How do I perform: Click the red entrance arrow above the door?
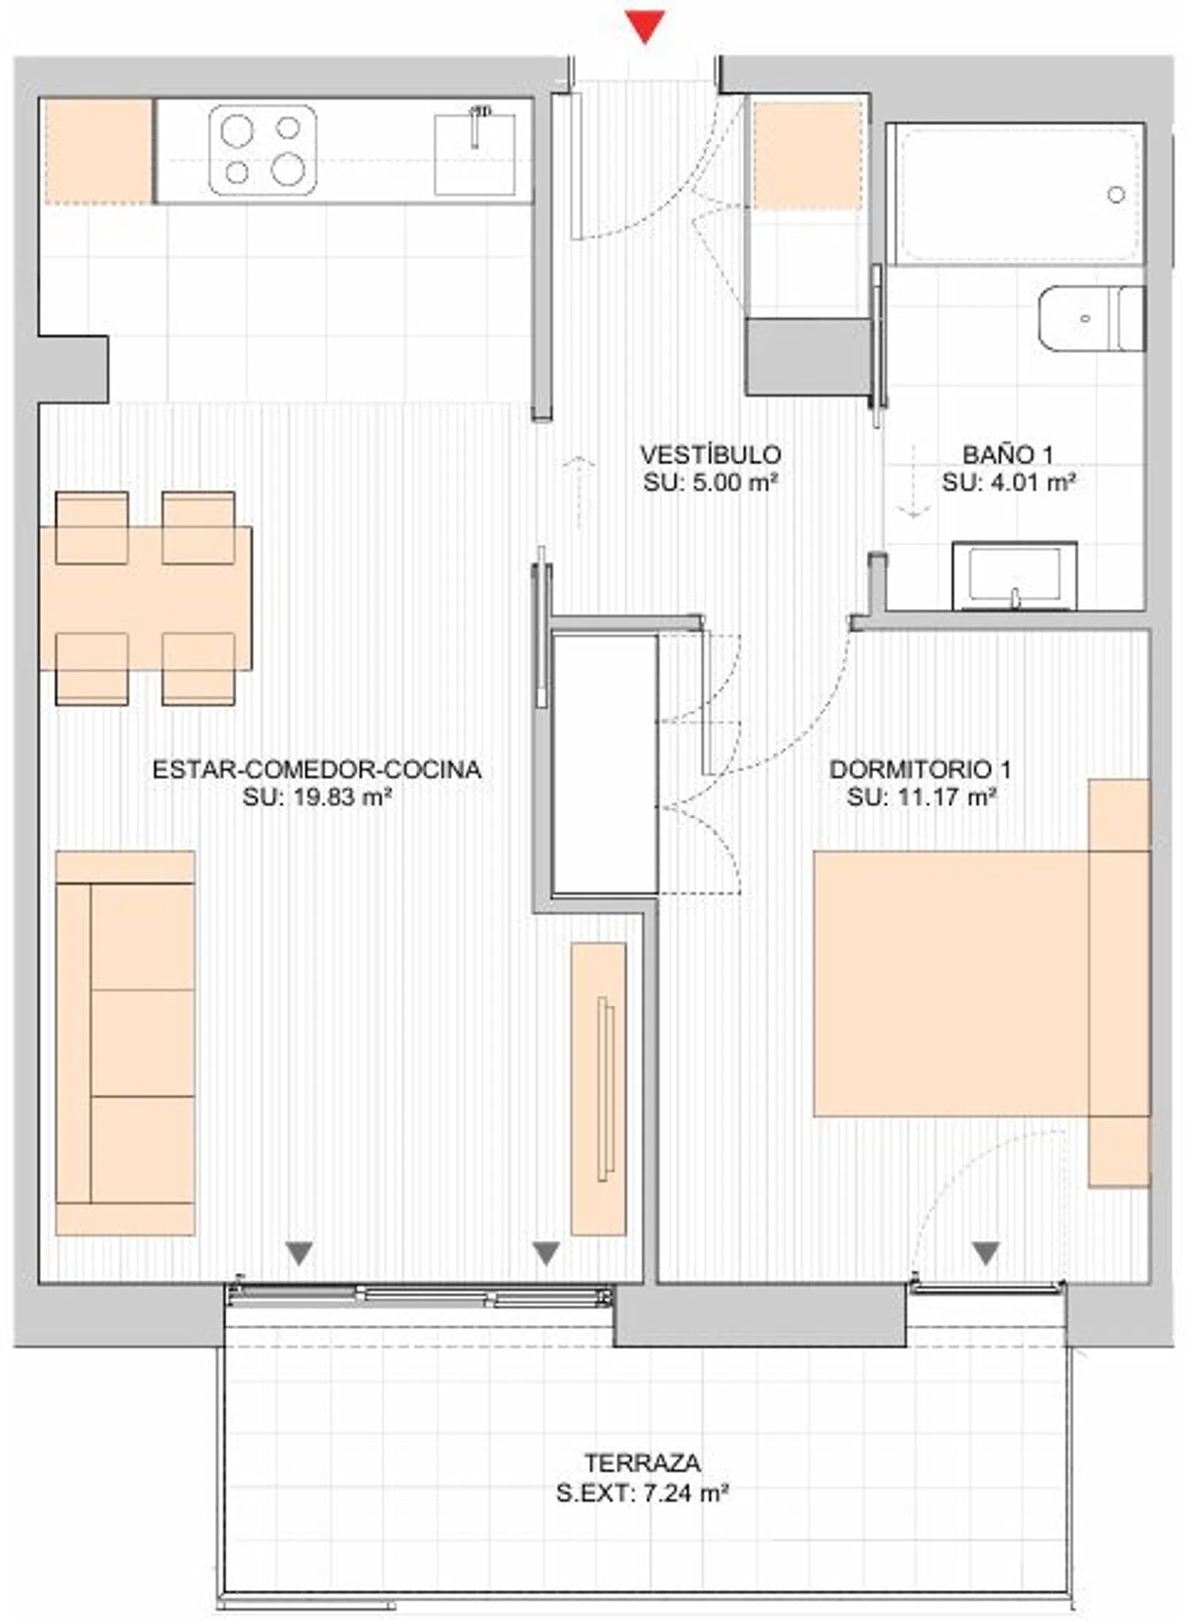[x=644, y=26]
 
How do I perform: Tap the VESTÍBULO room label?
[x=710, y=455]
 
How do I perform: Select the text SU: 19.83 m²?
[x=317, y=797]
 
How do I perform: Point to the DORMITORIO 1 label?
[x=920, y=769]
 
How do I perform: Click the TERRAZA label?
[x=642, y=1463]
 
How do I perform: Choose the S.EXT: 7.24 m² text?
[x=642, y=1493]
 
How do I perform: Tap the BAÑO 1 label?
[x=1008, y=455]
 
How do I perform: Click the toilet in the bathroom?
[x=1092, y=318]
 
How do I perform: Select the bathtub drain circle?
[x=1116, y=194]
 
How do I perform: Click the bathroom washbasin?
[x=1015, y=576]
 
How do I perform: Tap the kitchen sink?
[x=474, y=154]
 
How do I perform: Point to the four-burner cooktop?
[x=263, y=150]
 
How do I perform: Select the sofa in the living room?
[x=125, y=1043]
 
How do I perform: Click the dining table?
[x=146, y=598]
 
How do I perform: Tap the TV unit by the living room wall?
[x=599, y=1089]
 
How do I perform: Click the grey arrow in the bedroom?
[x=986, y=1254]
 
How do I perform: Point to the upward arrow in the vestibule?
[x=579, y=492]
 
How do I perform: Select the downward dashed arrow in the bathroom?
[x=913, y=482]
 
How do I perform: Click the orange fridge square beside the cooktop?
[x=98, y=150]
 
